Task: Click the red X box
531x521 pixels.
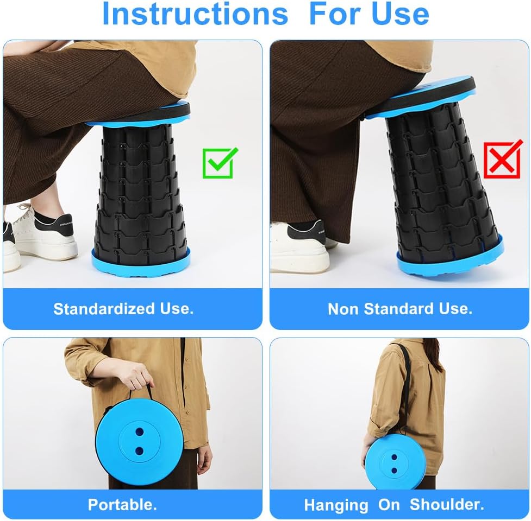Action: [502, 160]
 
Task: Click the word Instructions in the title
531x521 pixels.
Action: [195, 15]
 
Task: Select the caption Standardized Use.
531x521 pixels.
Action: [123, 309]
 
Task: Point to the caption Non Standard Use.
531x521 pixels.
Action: [399, 309]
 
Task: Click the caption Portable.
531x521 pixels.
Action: [122, 504]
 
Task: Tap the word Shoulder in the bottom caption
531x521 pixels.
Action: [446, 504]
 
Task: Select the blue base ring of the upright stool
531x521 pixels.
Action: [141, 258]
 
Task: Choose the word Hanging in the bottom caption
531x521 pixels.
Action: [335, 505]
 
